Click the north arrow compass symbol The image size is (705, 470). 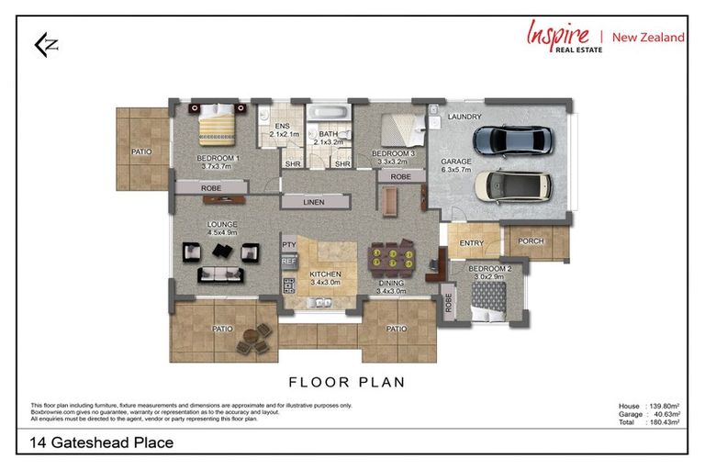pyautogui.click(x=43, y=46)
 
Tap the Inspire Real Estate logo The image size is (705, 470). pyautogui.click(x=605, y=37)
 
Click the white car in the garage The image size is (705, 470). pyautogui.click(x=514, y=186)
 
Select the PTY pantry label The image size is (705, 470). pyautogui.click(x=288, y=245)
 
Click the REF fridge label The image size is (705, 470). pyautogui.click(x=288, y=262)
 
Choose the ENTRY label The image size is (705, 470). pyautogui.click(x=471, y=242)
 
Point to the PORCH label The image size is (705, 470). pyautogui.click(x=531, y=242)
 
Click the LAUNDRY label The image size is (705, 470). pyautogui.click(x=464, y=117)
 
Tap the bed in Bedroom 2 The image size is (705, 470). pyautogui.click(x=489, y=297)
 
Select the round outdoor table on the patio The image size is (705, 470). pyautogui.click(x=250, y=341)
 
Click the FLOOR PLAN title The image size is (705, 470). pyautogui.click(x=347, y=382)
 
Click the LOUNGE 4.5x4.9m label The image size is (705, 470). pyautogui.click(x=222, y=229)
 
